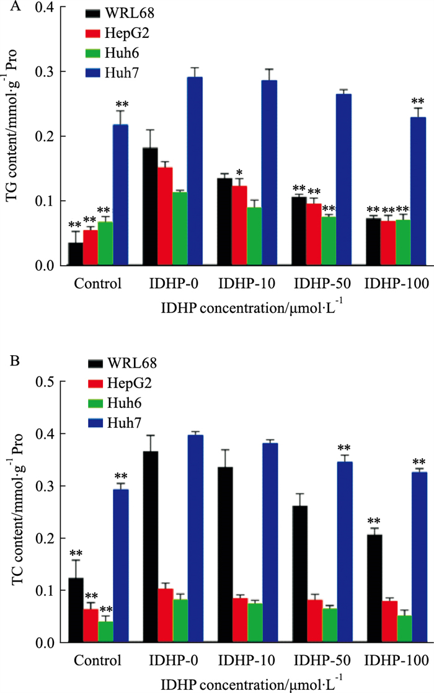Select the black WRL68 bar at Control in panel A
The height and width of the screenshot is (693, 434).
coord(75,254)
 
